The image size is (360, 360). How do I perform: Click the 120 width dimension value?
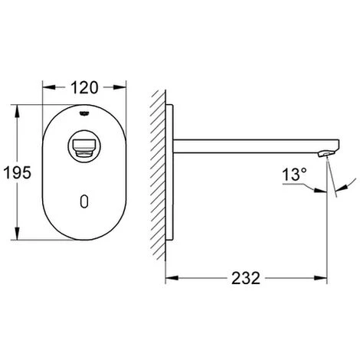coord(84,87)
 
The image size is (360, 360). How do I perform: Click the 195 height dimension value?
coord(17,172)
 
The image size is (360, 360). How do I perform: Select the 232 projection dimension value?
coord(246,278)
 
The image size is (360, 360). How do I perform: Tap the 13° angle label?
coord(294,175)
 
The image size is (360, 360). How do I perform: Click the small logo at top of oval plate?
coord(84,113)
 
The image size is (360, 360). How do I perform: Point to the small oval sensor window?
coord(84,201)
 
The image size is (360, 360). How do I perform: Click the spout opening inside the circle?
coord(84,148)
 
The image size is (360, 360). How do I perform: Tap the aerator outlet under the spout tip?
coord(326,154)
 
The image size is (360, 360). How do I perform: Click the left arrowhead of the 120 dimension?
coord(49,87)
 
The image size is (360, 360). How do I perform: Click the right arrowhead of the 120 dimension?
coord(119,87)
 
